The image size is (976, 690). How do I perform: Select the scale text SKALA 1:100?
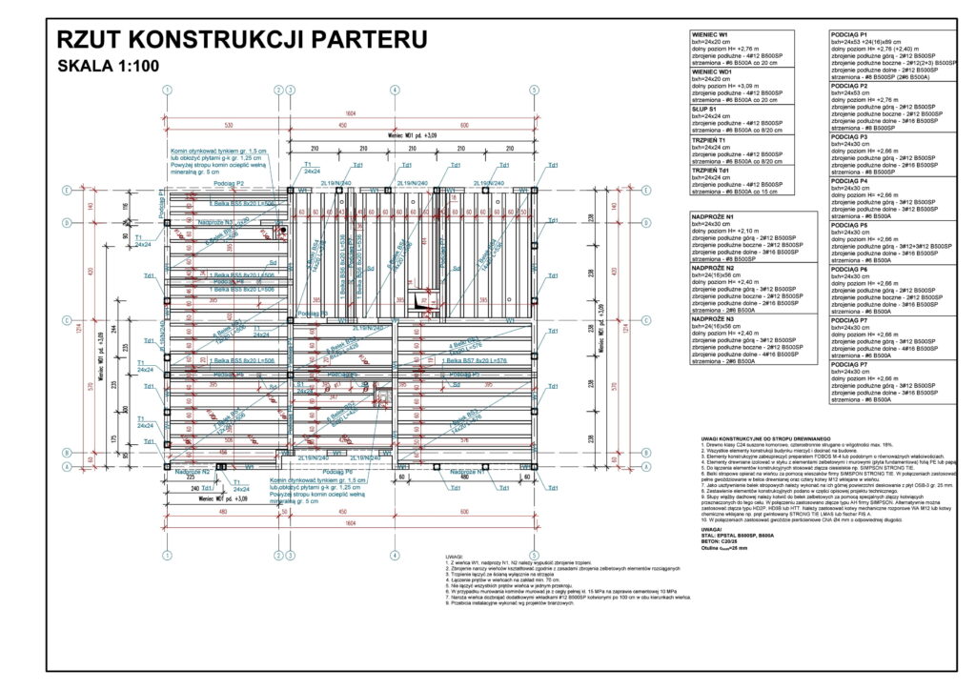tap(109, 67)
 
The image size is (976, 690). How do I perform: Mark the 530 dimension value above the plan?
tap(228, 125)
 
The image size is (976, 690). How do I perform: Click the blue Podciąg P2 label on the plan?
tap(229, 183)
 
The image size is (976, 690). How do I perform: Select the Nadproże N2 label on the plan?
tap(192, 472)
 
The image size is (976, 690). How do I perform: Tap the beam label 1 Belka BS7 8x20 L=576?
tap(476, 362)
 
